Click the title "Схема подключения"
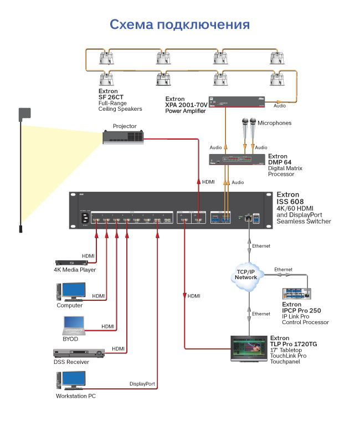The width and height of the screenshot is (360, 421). (179, 25)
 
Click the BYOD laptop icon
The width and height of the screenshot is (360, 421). (72, 325)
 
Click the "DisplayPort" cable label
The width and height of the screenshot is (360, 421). (142, 383)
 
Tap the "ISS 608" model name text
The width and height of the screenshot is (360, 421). (292, 202)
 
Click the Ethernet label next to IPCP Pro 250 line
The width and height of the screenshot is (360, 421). (283, 269)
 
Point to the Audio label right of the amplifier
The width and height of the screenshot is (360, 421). (280, 105)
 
